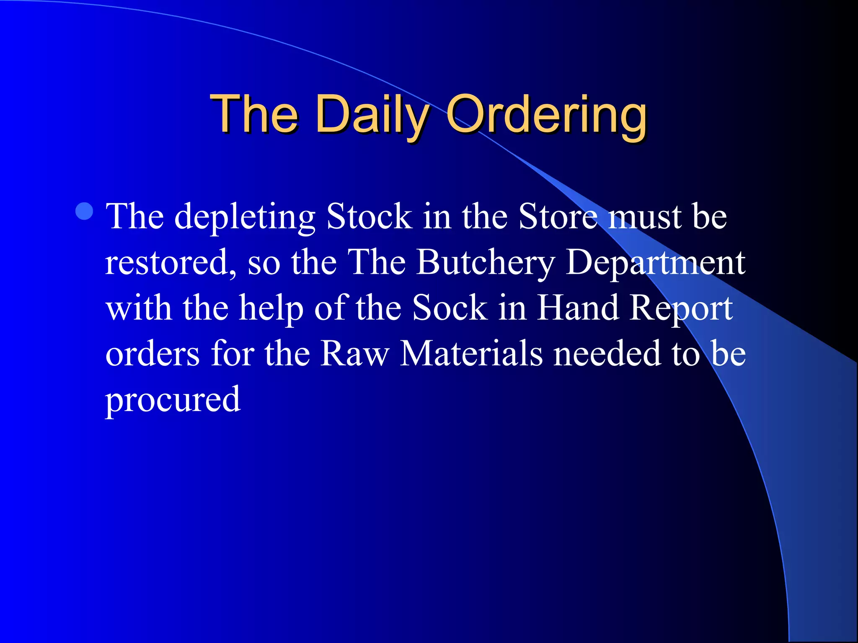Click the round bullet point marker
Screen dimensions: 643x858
pyautogui.click(x=85, y=211)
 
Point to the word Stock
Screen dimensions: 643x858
pyautogui.click(x=369, y=216)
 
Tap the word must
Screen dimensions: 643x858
pyautogui.click(x=645, y=216)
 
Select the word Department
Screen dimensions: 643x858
pyautogui.click(x=655, y=263)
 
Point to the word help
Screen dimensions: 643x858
pyautogui.click(x=271, y=309)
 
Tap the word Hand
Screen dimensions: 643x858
pyautogui.click(x=578, y=308)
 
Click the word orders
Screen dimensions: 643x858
pyautogui.click(x=152, y=354)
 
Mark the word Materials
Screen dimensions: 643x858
pyautogui.click(x=471, y=354)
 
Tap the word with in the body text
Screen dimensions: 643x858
pyautogui.click(x=139, y=308)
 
